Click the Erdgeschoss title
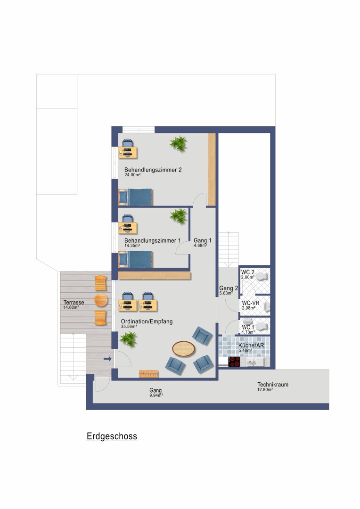point(112,436)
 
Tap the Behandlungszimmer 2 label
point(153,170)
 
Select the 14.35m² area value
point(132,246)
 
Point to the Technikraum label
point(273,385)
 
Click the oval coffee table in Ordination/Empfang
point(184,349)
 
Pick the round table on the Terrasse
point(101,300)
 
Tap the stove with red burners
point(234,361)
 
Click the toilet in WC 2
point(262,277)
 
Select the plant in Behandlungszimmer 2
point(178,143)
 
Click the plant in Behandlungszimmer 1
point(178,216)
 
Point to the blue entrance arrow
point(108,359)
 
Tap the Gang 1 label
point(203,240)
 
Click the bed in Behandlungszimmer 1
point(136,259)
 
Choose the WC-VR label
point(251,303)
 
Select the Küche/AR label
point(251,345)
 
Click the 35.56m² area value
point(129,327)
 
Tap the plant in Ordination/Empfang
point(128,339)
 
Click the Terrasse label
point(74,303)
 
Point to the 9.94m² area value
point(156,395)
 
